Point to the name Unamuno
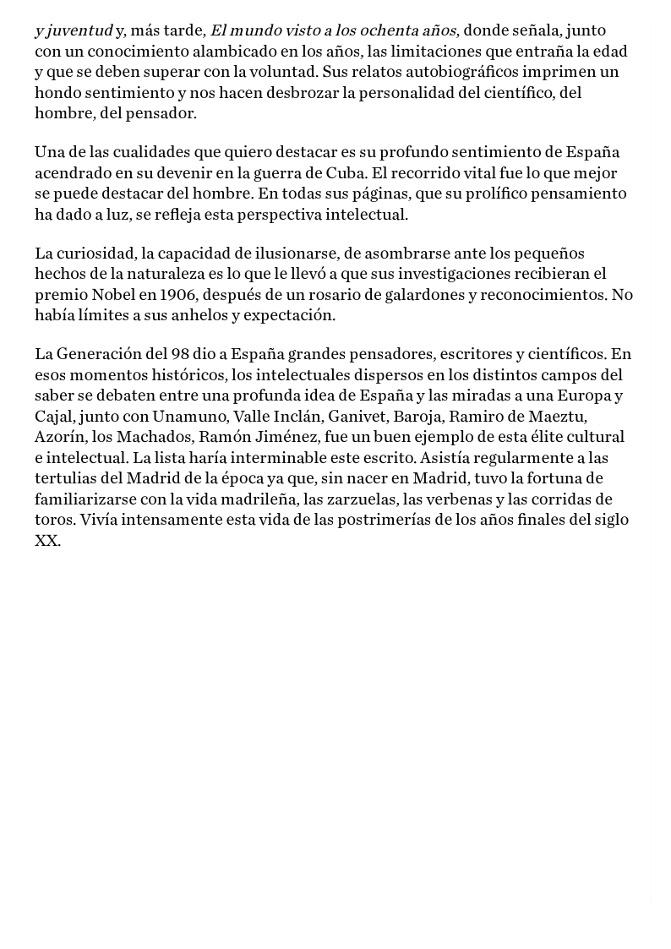(188, 417)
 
